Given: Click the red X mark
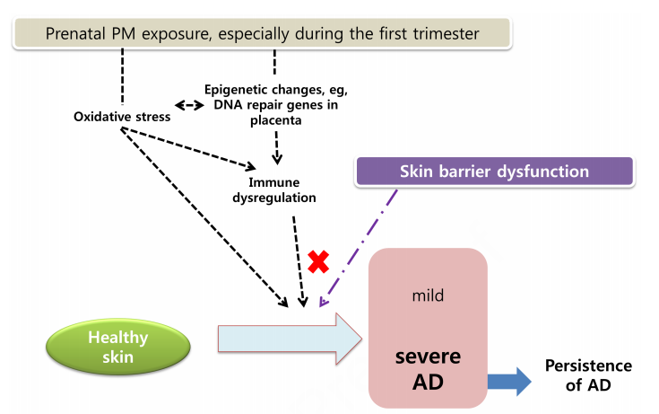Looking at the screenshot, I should click(x=317, y=261).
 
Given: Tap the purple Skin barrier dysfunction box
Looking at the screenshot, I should click(x=495, y=172).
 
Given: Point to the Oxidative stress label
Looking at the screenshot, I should click(x=122, y=117).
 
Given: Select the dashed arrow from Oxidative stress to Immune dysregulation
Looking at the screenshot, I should click(x=188, y=148).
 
